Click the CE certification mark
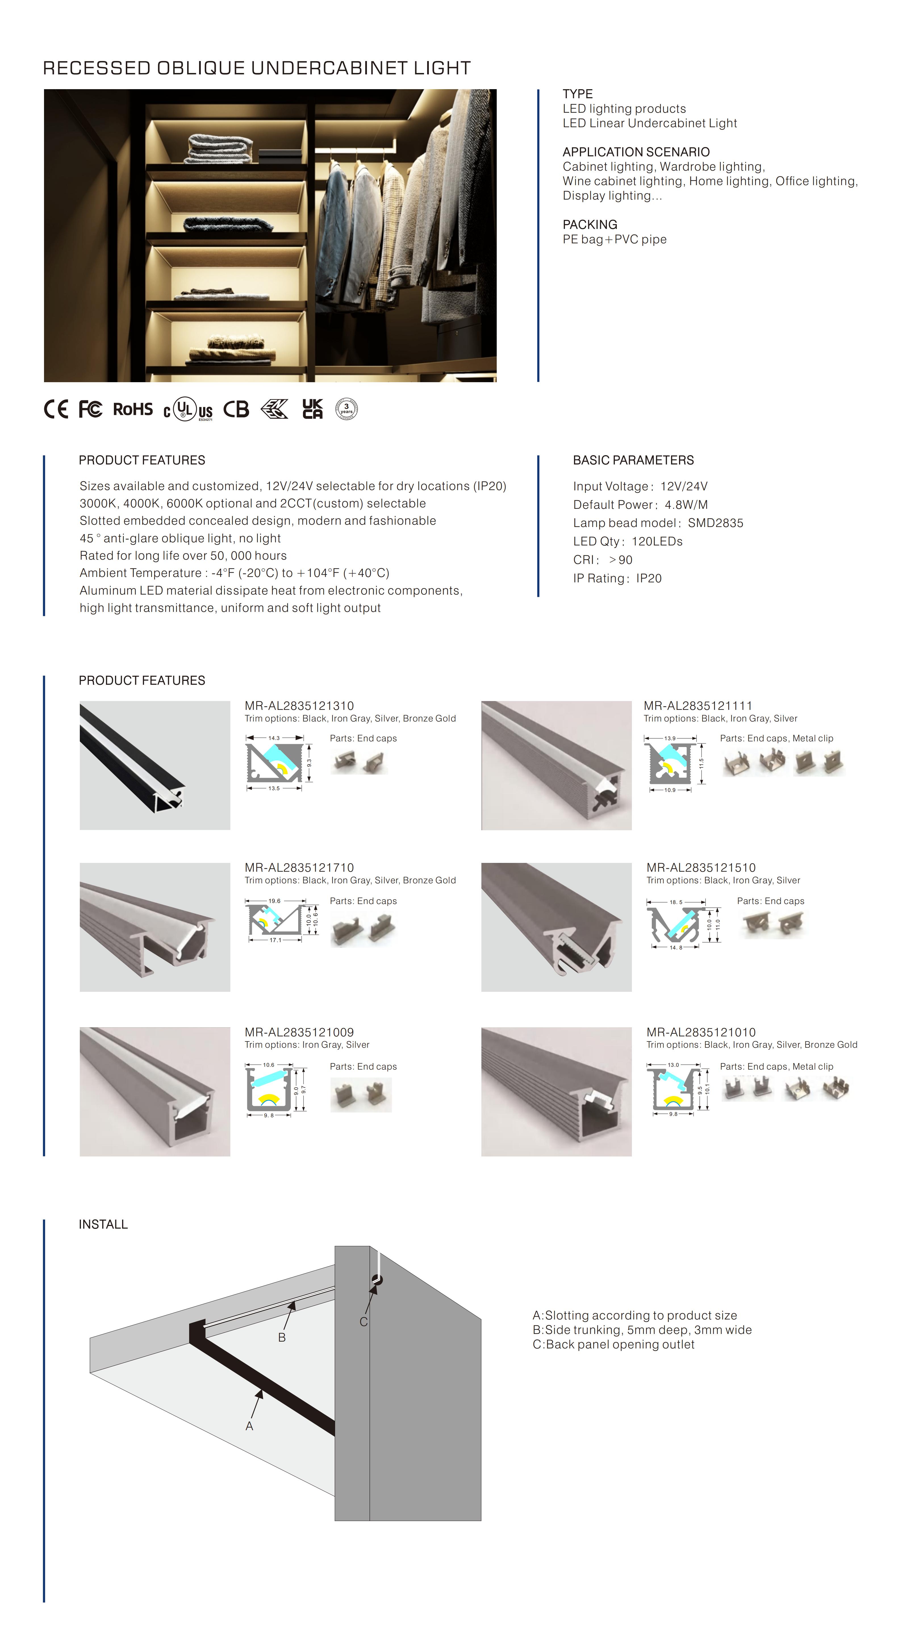coord(56,409)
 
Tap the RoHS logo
coord(133,409)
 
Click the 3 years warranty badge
coord(346,409)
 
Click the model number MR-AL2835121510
coord(700,867)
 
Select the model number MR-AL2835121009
coord(299,1032)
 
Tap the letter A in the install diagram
coord(250,1426)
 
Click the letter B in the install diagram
coord(281,1337)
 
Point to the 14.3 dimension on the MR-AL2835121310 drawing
coord(274,738)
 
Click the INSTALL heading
coord(103,1224)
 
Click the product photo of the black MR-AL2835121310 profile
coord(154,765)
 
